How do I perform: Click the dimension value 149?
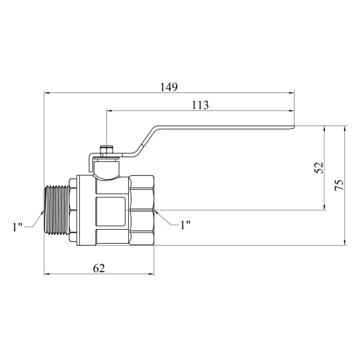pyautogui.click(x=169, y=87)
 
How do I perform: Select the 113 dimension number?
pyautogui.click(x=200, y=106)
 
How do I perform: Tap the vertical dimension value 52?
pyautogui.click(x=318, y=168)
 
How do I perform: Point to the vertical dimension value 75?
pyautogui.click(x=339, y=184)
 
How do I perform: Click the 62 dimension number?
pyautogui.click(x=99, y=268)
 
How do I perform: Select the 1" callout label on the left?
pyautogui.click(x=17, y=227)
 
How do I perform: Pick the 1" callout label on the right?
pyautogui.click(x=186, y=225)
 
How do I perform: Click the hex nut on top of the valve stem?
pyautogui.click(x=106, y=151)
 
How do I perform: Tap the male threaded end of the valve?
pyautogui.click(x=57, y=211)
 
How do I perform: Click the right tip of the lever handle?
pyautogui.click(x=294, y=127)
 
